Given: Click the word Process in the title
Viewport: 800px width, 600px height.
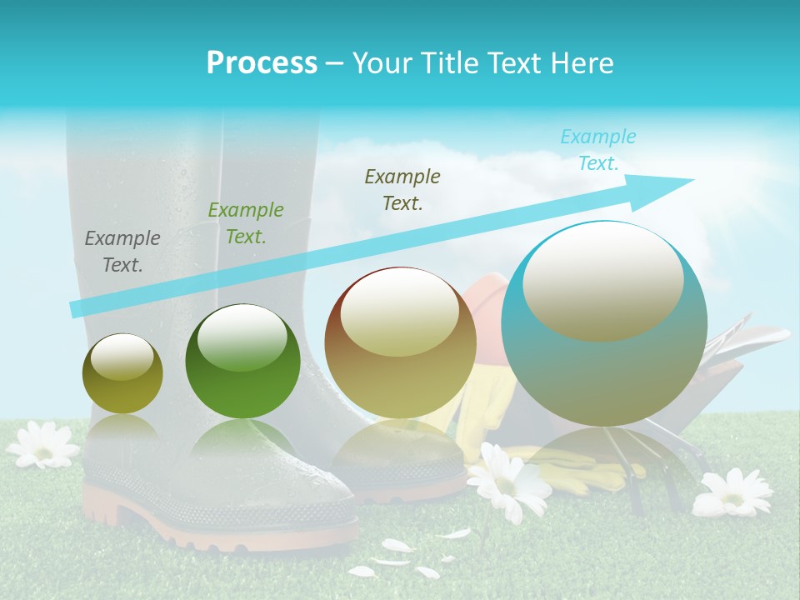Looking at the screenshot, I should (262, 63).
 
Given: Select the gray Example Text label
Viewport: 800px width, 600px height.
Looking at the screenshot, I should (122, 252).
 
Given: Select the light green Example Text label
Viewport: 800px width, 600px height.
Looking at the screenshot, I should (246, 223).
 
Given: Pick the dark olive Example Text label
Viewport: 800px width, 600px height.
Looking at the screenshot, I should (402, 190).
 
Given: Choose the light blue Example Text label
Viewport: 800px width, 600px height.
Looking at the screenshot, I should (597, 150).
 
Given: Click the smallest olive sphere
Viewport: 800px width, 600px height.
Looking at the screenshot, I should (122, 374).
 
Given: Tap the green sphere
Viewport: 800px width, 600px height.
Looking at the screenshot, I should (242, 362).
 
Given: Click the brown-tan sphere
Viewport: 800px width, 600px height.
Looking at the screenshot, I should (400, 343).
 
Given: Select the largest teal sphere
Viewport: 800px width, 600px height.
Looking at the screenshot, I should (604, 323).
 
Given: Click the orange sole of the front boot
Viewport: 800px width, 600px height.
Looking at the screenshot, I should (225, 533).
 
